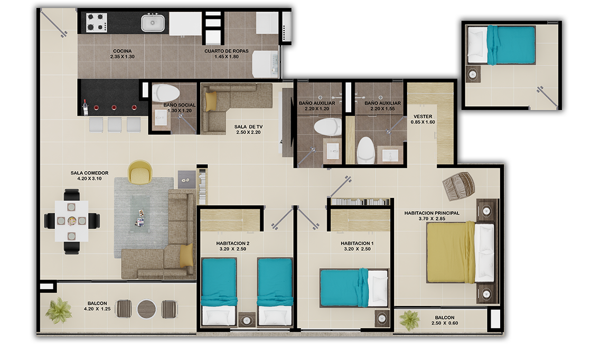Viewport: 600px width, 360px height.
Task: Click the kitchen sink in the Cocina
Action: coord(153,23)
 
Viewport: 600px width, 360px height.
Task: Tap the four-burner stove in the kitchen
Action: coord(97,22)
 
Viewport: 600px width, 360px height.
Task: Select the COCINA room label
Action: coord(123,51)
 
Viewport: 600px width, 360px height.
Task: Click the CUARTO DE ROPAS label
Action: coord(227,51)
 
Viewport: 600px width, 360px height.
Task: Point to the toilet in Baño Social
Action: coord(166,93)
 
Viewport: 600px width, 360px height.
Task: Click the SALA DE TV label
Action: coord(248,127)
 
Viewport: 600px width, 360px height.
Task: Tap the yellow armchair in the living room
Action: coord(140,172)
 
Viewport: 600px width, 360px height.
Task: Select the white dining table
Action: coord(71,221)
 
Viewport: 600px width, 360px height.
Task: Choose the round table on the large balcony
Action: coord(146,309)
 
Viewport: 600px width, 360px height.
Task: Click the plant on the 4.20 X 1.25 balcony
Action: coord(59,310)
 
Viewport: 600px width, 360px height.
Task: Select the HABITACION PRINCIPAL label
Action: coord(432,213)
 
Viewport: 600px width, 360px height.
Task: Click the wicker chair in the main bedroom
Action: coord(458,186)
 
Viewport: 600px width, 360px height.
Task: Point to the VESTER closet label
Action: coord(423,116)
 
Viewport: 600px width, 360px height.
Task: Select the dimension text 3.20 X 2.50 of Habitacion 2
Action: coord(232,249)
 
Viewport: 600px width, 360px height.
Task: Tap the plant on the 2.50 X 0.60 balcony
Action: coord(409,320)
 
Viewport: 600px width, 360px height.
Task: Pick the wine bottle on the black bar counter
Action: coord(86,108)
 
